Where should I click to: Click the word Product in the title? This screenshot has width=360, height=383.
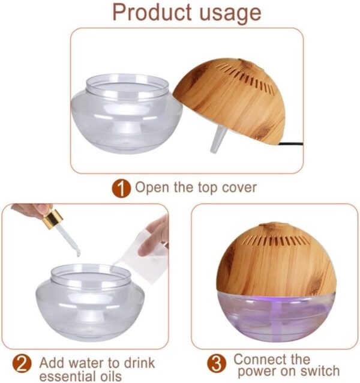point(149,12)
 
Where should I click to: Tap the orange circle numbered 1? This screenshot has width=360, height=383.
point(121,188)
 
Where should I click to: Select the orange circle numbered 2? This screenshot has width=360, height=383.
point(22,364)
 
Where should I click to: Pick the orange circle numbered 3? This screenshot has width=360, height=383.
point(217,364)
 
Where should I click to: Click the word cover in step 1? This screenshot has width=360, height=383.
point(236,188)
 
